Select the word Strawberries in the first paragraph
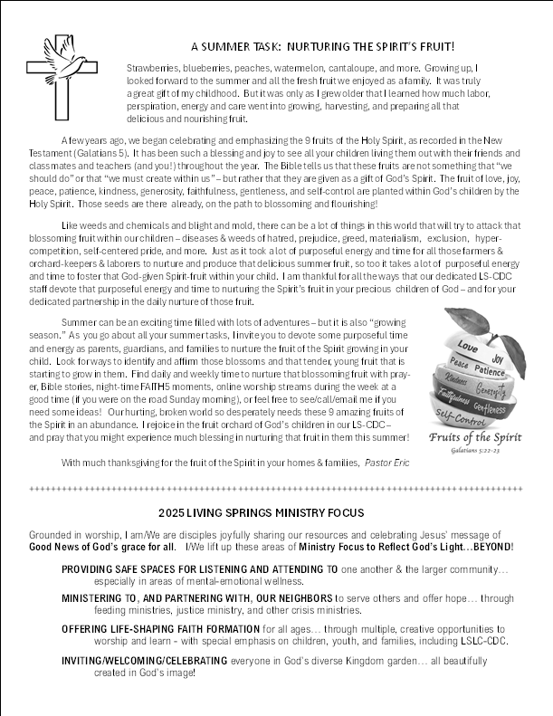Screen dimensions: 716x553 point(154,68)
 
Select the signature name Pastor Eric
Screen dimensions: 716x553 point(386,463)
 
